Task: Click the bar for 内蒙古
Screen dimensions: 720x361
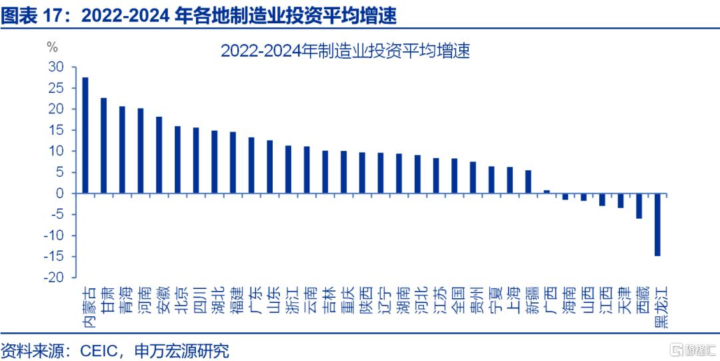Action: (85, 135)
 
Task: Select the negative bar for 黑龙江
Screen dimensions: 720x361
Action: (657, 225)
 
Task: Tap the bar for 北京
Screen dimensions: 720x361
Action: (177, 159)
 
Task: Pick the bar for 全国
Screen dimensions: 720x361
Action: (454, 176)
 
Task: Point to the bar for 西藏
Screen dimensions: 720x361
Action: (639, 206)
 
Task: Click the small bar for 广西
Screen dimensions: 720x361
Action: (547, 192)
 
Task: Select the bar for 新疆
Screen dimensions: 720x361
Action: (528, 182)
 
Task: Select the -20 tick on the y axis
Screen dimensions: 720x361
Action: (55, 278)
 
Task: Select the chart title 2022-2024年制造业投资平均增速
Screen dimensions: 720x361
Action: (345, 51)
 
